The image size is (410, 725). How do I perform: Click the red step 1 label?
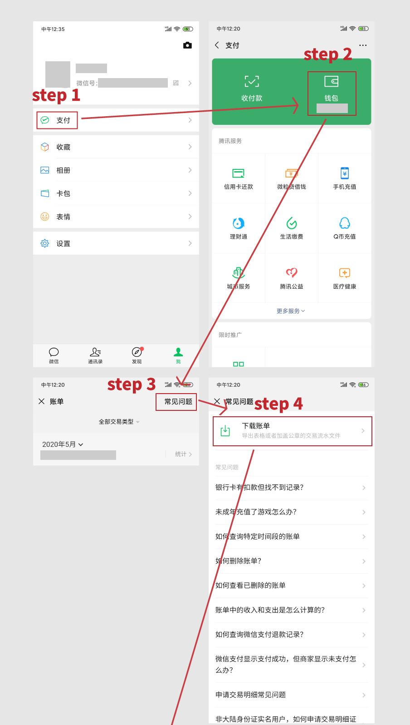click(x=56, y=95)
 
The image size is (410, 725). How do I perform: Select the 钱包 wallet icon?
click(x=331, y=82)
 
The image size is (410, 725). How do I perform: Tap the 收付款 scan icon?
click(x=252, y=82)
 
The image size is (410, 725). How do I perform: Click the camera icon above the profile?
click(x=187, y=45)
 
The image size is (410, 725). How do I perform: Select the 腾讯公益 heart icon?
click(x=292, y=273)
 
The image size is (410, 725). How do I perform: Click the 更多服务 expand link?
click(x=291, y=311)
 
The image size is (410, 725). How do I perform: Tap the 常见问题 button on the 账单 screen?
click(x=178, y=402)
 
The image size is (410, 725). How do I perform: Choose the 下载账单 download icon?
click(x=225, y=431)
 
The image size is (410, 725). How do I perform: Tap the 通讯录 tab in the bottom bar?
click(x=95, y=355)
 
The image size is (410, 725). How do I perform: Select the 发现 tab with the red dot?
click(x=137, y=355)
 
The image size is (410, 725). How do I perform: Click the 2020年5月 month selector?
click(x=63, y=444)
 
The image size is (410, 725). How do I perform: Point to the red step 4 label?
click(x=278, y=404)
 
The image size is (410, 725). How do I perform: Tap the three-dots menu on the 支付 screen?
click(x=362, y=45)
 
